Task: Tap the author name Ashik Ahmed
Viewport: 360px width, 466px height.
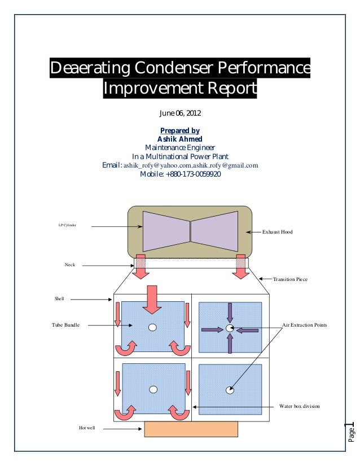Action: tap(179, 139)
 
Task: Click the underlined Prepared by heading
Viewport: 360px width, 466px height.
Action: tap(179, 131)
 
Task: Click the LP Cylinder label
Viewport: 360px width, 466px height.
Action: tap(67, 226)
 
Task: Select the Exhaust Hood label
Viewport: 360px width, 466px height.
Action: tap(278, 232)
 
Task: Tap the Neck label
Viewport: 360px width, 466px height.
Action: tap(69, 264)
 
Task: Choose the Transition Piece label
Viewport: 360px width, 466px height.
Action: tap(290, 279)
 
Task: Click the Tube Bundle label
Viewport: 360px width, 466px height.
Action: tap(65, 326)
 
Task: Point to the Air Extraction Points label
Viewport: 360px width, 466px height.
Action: tap(304, 326)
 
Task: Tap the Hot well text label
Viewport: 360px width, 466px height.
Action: tap(87, 429)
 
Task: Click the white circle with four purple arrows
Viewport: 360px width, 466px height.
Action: tap(229, 328)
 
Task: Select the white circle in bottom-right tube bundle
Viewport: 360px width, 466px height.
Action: tap(229, 389)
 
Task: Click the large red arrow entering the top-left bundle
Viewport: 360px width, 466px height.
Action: tap(152, 300)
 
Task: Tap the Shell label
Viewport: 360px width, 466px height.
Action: tap(59, 299)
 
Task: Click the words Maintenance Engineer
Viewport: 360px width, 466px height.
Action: tap(179, 148)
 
